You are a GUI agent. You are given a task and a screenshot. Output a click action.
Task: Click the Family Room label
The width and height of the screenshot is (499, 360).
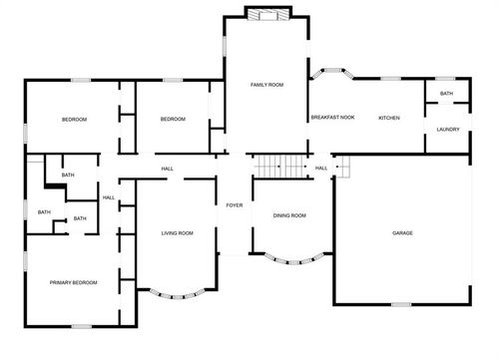click(266, 85)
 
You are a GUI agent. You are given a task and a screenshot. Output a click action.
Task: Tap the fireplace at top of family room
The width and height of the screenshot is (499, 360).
click(268, 14)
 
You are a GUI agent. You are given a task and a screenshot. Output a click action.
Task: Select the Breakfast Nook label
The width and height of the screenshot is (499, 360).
click(332, 118)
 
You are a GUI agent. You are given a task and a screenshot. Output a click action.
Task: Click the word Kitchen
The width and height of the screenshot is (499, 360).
click(389, 118)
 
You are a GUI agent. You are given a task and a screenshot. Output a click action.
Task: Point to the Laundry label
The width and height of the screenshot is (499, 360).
click(448, 130)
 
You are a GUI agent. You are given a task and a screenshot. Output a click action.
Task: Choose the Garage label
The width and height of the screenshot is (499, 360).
click(402, 233)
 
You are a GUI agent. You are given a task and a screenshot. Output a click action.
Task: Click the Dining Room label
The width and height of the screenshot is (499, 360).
click(289, 215)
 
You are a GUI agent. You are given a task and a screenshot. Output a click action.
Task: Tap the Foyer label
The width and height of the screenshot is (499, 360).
click(235, 205)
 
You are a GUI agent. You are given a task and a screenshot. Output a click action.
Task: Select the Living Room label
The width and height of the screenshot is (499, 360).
click(178, 233)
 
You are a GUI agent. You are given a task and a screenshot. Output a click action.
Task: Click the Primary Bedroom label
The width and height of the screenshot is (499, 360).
click(74, 282)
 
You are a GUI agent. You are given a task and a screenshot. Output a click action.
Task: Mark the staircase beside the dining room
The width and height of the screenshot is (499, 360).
click(280, 167)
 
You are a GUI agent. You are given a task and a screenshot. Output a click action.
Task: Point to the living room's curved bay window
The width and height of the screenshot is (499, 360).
click(177, 296)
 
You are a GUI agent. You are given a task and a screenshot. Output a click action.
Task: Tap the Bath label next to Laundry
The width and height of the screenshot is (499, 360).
click(446, 94)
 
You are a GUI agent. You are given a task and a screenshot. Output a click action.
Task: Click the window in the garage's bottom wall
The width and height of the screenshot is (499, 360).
click(401, 304)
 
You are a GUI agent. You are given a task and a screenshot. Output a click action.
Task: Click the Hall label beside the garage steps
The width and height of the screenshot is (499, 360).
click(321, 169)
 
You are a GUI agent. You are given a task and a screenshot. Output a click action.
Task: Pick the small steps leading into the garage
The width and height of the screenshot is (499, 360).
click(342, 167)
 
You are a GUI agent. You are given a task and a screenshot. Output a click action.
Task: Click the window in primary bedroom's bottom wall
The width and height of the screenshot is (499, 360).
click(82, 326)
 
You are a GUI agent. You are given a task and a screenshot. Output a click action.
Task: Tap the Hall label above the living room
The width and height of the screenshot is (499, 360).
click(168, 169)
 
